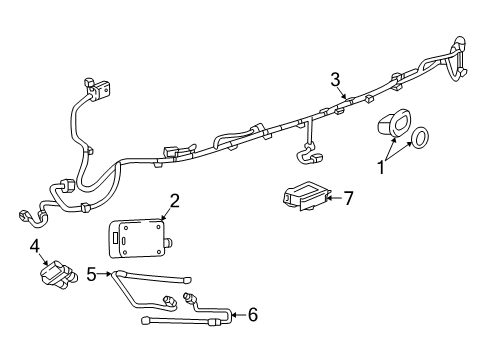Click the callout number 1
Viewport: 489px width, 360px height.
381,167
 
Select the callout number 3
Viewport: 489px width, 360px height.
336,79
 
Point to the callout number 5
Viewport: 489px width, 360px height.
90,272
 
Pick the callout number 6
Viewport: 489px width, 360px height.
252,314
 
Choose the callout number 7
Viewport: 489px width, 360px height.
349,198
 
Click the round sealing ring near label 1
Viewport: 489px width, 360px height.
421,136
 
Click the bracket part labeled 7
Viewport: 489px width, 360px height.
305,195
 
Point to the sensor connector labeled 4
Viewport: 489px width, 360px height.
56,276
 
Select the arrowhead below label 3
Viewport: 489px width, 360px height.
345,98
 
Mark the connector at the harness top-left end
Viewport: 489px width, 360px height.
99,89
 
